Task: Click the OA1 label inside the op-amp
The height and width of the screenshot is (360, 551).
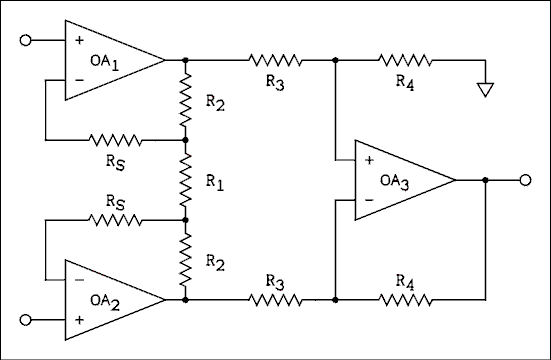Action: (101, 60)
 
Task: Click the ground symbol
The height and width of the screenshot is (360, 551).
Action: (486, 89)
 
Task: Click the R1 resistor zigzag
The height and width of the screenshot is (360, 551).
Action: (186, 180)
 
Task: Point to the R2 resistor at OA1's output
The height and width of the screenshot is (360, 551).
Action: (186, 100)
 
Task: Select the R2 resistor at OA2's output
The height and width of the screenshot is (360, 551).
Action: (186, 258)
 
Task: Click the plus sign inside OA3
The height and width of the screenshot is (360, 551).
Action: (368, 160)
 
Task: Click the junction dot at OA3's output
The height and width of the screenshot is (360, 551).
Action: (485, 180)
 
